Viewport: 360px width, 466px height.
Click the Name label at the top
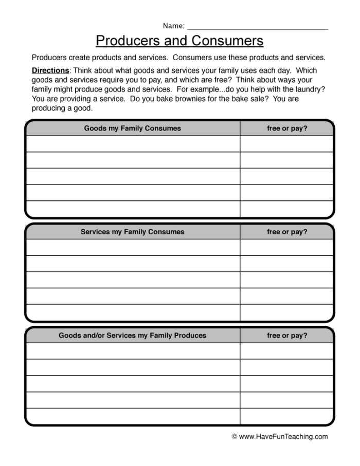coord(173,26)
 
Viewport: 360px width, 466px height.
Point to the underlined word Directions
coord(50,70)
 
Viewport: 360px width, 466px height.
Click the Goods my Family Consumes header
coord(132,128)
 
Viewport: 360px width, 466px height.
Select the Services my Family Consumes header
coord(132,232)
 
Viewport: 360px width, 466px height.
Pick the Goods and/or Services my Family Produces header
coord(132,335)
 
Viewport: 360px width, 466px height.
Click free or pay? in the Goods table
coord(286,128)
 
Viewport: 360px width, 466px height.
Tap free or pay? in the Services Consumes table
coord(286,232)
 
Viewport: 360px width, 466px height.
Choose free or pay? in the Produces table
coord(286,335)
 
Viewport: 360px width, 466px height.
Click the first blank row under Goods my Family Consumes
coord(132,144)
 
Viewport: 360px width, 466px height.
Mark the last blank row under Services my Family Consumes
coord(132,312)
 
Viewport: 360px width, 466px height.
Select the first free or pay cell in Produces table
coord(286,351)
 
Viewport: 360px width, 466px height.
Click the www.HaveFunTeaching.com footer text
coord(283,437)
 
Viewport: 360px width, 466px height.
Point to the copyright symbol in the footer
coord(235,437)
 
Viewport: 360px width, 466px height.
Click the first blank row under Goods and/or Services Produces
coord(132,351)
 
